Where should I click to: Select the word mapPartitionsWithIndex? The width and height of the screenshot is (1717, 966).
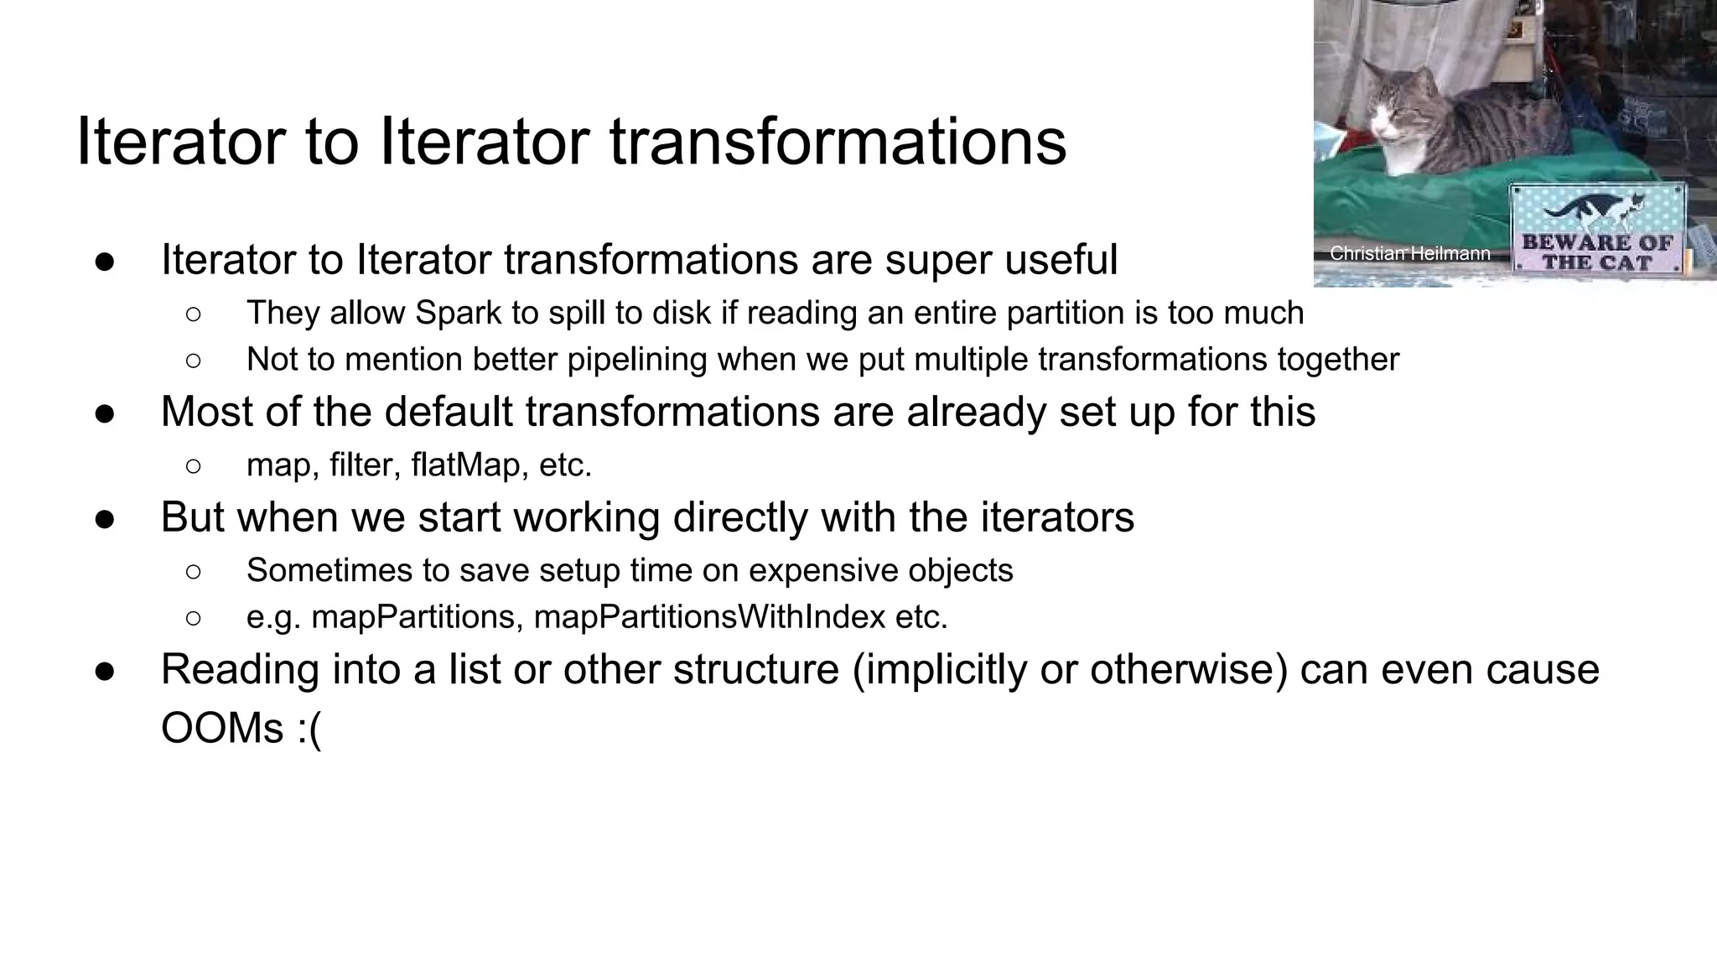[709, 617]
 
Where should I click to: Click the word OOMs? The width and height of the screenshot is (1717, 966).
[222, 728]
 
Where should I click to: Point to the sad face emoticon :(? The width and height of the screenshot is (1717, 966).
[309, 728]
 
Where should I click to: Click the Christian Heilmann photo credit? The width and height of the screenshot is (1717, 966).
[1409, 253]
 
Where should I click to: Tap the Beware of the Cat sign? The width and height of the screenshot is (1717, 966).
[1597, 228]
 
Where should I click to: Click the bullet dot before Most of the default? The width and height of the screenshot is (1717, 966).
[105, 413]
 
